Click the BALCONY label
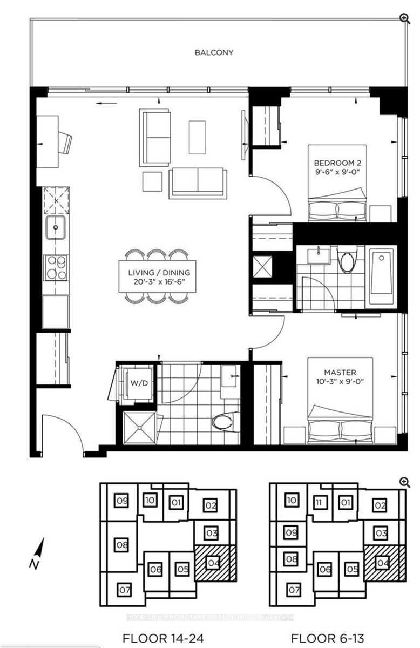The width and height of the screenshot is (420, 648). pos(214,53)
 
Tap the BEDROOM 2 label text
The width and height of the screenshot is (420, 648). pos(337,163)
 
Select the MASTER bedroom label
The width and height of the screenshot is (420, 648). pos(340,372)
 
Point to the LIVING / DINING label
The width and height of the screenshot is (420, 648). pos(159,273)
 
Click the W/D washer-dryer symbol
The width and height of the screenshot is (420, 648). pos(139,383)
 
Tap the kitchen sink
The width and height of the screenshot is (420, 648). pos(55,227)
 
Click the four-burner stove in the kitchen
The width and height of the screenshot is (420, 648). pos(57,268)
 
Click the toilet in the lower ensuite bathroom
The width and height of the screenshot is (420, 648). pos(225,423)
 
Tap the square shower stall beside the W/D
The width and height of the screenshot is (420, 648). pos(140,428)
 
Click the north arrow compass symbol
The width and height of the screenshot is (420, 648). pos(38,553)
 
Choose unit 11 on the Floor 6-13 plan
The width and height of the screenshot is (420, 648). pos(319,502)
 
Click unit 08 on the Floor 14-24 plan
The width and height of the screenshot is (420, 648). pos(122,545)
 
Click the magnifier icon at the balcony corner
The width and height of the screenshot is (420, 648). pos(404,18)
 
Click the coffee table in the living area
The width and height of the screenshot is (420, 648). pos(197,137)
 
